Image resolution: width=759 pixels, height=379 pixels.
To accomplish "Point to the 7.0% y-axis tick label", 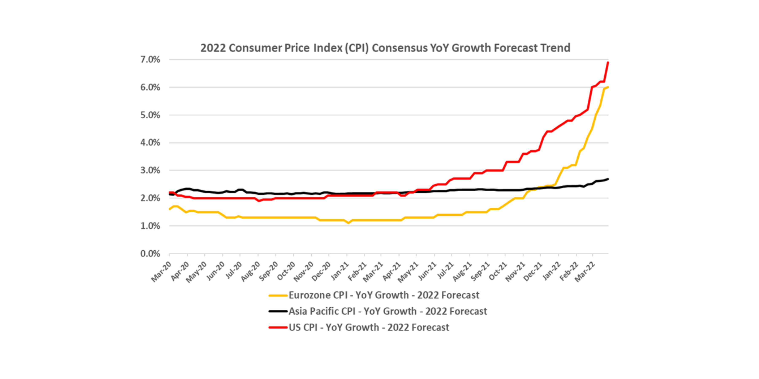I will pos(150,60).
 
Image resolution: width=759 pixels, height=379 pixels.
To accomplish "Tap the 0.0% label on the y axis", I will pos(150,254).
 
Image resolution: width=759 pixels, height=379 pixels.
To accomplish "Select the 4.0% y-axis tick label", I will pos(150,143).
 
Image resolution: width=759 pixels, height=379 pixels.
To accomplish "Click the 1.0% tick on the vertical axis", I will pos(150,226).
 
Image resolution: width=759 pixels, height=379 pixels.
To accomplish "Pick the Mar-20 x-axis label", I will pos(161,272).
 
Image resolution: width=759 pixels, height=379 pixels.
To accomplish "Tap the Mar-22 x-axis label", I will pos(585,272).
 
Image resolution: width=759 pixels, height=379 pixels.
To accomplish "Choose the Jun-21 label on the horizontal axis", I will pos(427,272).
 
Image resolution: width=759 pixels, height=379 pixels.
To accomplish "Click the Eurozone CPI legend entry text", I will pos(384,295).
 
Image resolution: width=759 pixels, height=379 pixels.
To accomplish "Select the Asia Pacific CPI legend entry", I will pos(388,311).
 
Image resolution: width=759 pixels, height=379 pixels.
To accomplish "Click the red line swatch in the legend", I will pos(278,327).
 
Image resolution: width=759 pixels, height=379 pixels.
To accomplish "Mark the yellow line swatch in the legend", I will pos(278,295).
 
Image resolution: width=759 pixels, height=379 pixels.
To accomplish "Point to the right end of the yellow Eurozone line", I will pos(608,87).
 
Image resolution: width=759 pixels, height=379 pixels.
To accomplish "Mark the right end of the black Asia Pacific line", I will pos(608,179).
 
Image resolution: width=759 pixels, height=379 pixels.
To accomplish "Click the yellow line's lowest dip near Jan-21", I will pos(349,223).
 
